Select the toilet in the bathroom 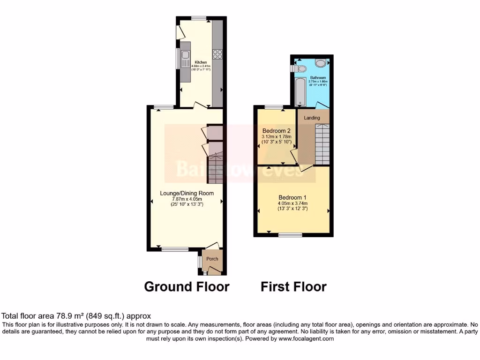point(321,63)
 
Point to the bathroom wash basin point(300,69)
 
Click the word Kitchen point(201,62)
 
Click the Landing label point(312,118)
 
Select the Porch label point(212,259)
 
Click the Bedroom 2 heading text point(277,131)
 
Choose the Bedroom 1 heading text point(293,197)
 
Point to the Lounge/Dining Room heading point(187,193)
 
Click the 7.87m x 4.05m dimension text point(187,199)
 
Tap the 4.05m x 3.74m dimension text point(293,203)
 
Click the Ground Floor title point(187,286)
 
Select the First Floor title point(293,286)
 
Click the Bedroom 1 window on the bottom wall point(291,233)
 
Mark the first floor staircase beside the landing point(322,144)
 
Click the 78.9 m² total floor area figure point(62,316)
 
